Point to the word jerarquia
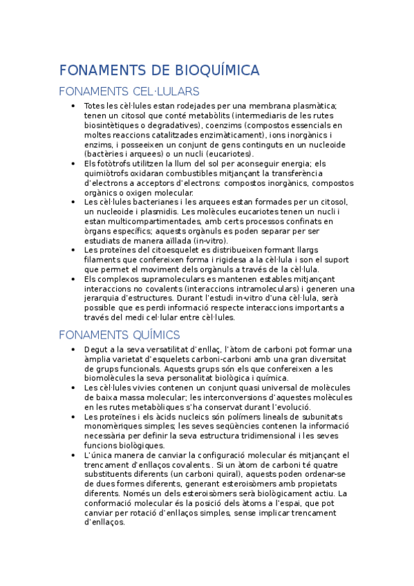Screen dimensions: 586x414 104,299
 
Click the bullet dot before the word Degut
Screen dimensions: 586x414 74,350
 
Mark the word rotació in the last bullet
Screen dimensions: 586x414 162,513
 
